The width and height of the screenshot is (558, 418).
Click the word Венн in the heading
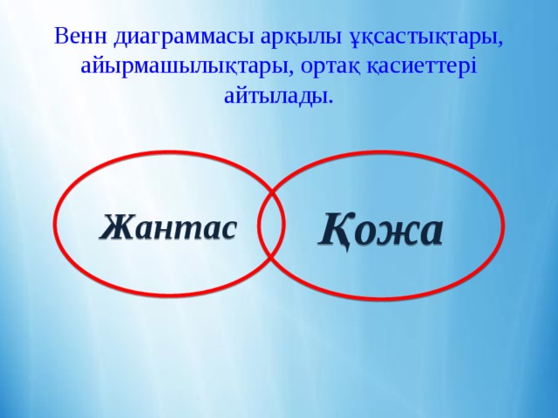tap(80, 37)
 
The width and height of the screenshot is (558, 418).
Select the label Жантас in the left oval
tap(168, 226)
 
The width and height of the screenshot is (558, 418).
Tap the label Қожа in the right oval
tap(381, 230)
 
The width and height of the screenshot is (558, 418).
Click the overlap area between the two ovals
tap(272, 224)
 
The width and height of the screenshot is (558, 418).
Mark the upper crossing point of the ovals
tap(273, 192)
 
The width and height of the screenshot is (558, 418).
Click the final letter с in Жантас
tap(228, 229)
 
